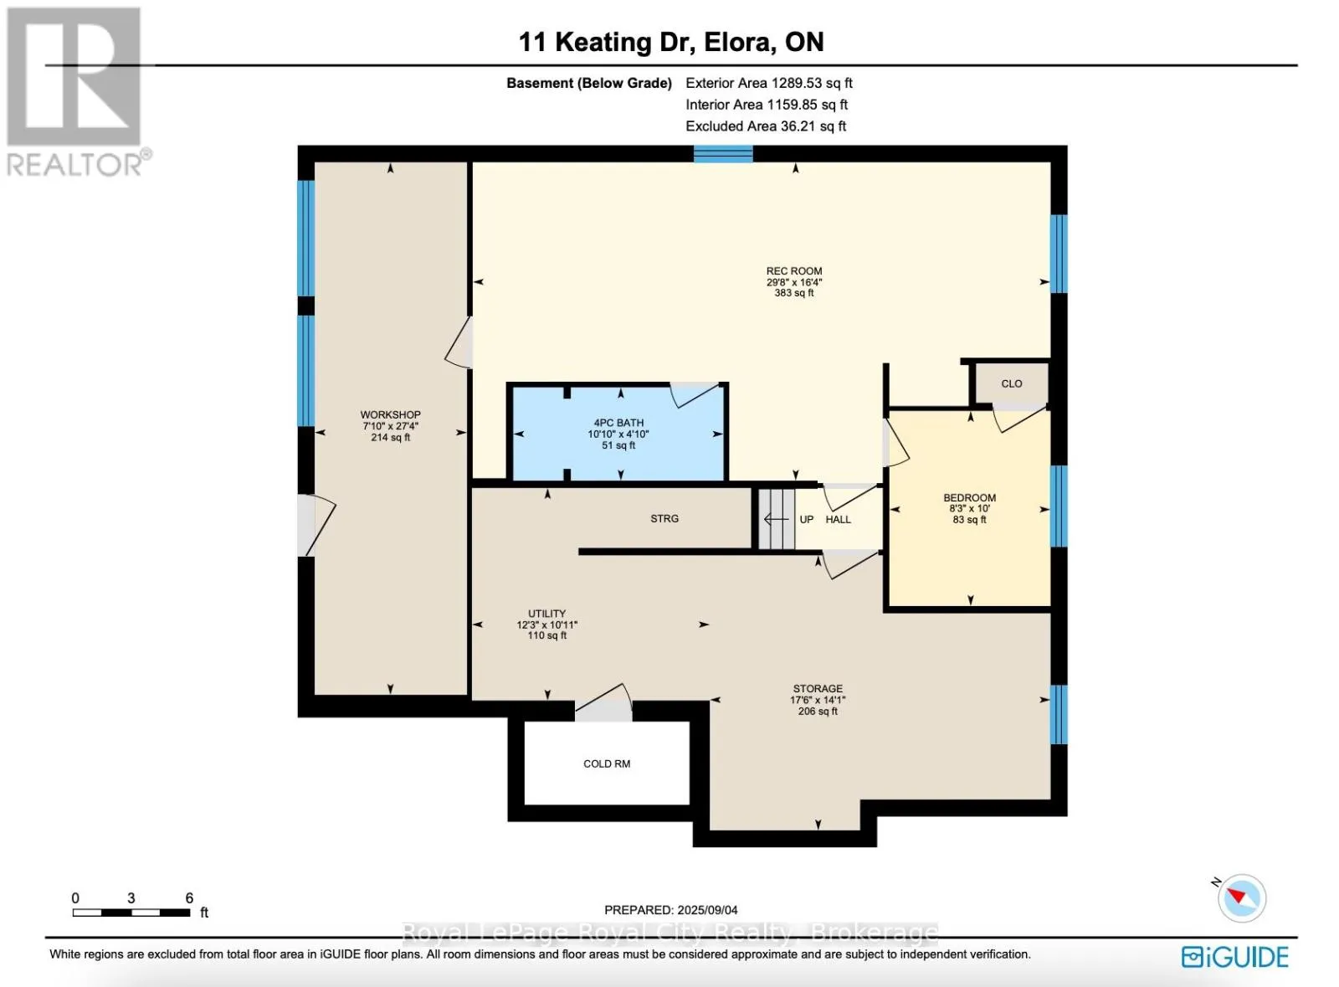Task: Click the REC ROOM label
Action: pyautogui.click(x=794, y=270)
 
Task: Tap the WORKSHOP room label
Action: pyautogui.click(x=390, y=415)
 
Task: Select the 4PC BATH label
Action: pyautogui.click(x=618, y=423)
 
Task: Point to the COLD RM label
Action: pyautogui.click(x=607, y=764)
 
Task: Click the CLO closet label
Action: pyautogui.click(x=1012, y=383)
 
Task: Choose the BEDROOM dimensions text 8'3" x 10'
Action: pyautogui.click(x=970, y=509)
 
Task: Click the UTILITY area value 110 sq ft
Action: pyautogui.click(x=546, y=635)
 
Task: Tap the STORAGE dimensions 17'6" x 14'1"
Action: pyautogui.click(x=818, y=700)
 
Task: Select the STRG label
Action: pyautogui.click(x=664, y=519)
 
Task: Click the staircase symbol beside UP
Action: pyautogui.click(x=777, y=519)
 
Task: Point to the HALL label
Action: pyautogui.click(x=838, y=520)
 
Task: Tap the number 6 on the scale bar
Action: pyautogui.click(x=189, y=898)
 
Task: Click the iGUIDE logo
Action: pyautogui.click(x=1235, y=957)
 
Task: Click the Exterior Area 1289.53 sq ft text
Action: pyautogui.click(x=769, y=83)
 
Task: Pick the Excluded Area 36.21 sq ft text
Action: pyautogui.click(x=766, y=126)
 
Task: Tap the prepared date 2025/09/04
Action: pyautogui.click(x=705, y=910)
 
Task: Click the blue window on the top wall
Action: pyautogui.click(x=723, y=154)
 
